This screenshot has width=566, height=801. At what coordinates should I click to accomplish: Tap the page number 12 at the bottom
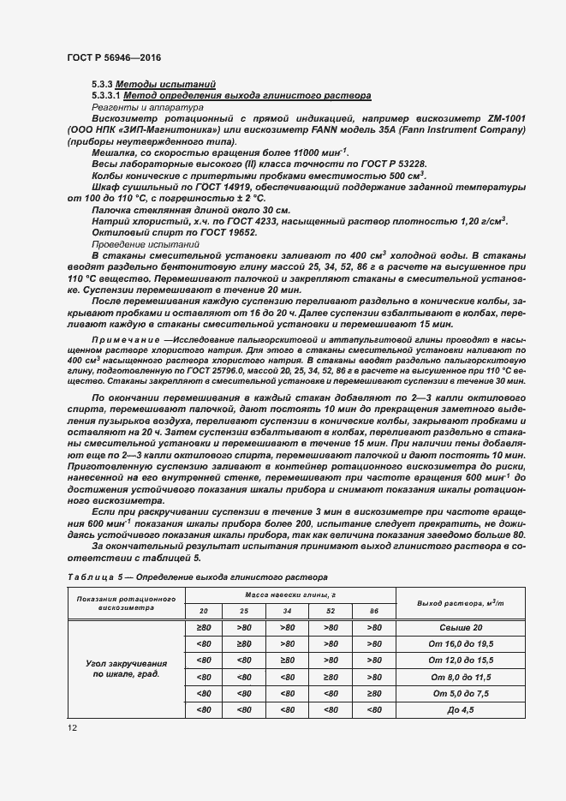[x=71, y=726]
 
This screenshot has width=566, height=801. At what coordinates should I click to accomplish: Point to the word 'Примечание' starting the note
[x=118, y=340]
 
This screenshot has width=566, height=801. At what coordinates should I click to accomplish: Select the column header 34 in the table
[x=286, y=610]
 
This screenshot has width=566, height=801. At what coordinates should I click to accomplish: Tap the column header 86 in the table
[x=372, y=610]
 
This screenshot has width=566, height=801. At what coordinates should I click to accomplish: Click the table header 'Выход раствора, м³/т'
[x=460, y=603]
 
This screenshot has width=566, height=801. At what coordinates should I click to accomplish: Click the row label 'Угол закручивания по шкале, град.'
[x=126, y=669]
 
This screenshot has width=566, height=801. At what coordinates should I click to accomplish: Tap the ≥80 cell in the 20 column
[x=203, y=628]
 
